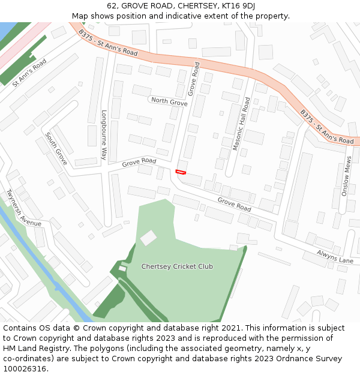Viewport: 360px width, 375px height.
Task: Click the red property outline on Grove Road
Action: pyautogui.click(x=180, y=172)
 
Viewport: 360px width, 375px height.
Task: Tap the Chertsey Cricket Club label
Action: pyautogui.click(x=177, y=266)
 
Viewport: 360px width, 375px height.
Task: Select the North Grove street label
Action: pyautogui.click(x=169, y=101)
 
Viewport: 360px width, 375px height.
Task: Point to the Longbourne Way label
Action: pyautogui.click(x=103, y=135)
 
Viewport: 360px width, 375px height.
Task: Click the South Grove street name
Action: pyautogui.click(x=56, y=149)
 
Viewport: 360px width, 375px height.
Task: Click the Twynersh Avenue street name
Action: pyautogui.click(x=23, y=207)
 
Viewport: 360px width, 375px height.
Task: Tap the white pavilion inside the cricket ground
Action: pyautogui.click(x=148, y=238)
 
